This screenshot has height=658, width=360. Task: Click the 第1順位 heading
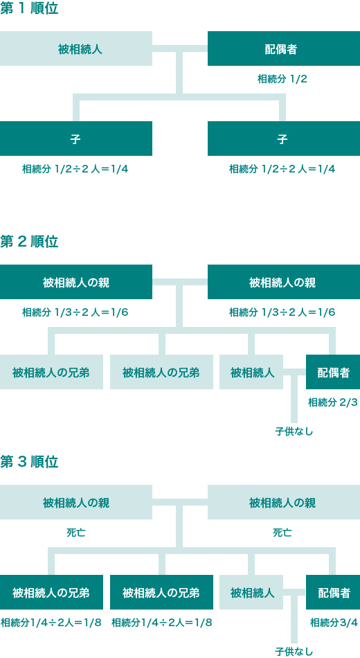point(29,9)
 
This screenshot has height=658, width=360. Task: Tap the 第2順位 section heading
point(29,242)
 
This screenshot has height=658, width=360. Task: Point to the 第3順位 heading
point(29,462)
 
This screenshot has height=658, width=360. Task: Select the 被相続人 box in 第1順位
point(76,48)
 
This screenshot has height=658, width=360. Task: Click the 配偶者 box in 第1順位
point(284,48)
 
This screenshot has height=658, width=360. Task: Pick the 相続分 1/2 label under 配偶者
point(282,79)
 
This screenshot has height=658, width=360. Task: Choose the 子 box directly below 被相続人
point(76,139)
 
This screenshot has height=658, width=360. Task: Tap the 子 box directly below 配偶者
point(284,139)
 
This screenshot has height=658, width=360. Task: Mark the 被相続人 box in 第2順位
point(251,372)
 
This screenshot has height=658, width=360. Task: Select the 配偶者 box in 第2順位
point(333,372)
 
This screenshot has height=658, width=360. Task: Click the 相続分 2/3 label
point(333,403)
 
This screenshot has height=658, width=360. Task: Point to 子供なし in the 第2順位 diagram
point(294,432)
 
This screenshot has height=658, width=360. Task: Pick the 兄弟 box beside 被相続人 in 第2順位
point(161,372)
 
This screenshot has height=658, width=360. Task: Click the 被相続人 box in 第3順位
point(251,592)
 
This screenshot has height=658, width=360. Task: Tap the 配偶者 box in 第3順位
point(333,592)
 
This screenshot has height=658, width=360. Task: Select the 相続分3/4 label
point(334,623)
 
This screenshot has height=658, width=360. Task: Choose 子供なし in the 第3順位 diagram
point(294,652)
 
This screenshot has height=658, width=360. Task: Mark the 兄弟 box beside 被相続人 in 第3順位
point(161,592)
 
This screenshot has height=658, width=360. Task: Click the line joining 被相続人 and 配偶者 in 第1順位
point(180,48)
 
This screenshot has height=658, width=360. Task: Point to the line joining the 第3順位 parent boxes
point(180,502)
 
